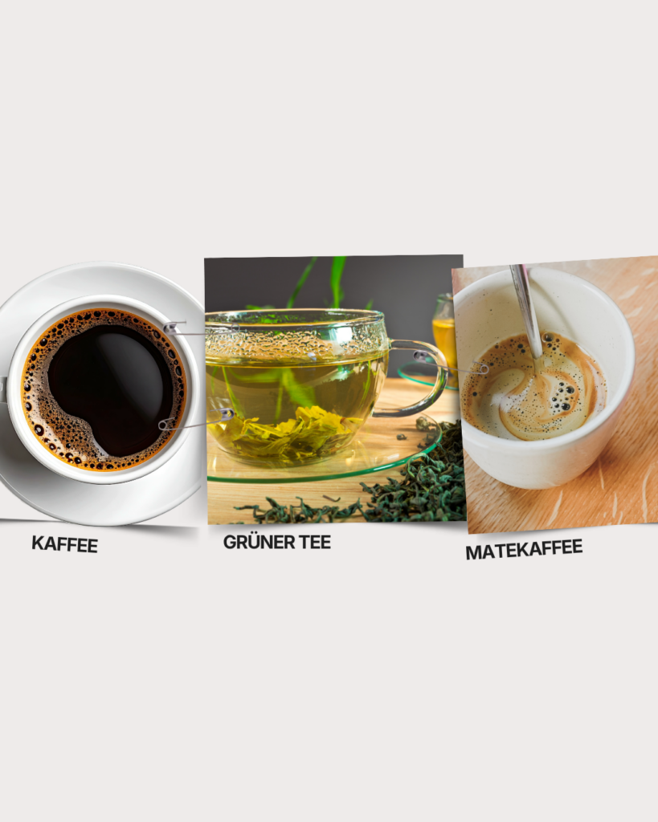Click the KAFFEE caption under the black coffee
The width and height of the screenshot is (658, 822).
(x=65, y=544)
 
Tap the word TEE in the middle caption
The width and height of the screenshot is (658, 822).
(x=312, y=542)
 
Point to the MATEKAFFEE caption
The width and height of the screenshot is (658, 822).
(x=523, y=550)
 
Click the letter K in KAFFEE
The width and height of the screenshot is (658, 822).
(x=37, y=543)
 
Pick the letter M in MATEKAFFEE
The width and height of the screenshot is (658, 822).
(x=472, y=553)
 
